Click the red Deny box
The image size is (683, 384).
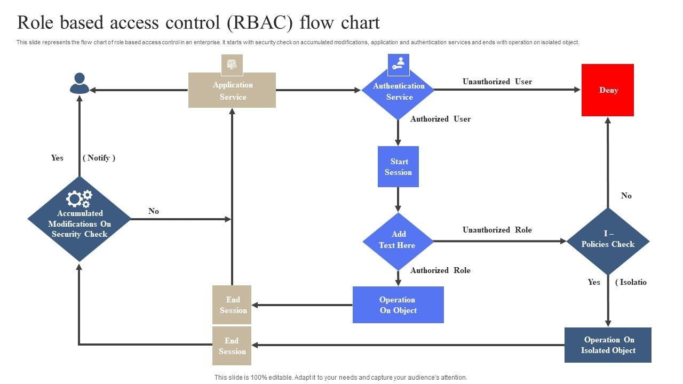607,90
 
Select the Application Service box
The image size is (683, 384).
232,91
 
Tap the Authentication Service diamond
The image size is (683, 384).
398,92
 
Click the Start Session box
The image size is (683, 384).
398,166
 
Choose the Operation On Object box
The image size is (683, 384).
398,305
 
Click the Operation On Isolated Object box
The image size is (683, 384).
608,345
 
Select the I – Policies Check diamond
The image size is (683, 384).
608,240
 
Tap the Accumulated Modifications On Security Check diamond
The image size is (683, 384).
80,223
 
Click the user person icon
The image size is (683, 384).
80,84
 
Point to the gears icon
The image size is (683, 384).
79,199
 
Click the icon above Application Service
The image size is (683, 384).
232,65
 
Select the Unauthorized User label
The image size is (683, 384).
497,82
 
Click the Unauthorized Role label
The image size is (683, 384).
497,230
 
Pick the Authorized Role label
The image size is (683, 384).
440,270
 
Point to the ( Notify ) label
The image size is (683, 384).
99,158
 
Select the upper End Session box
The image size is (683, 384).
232,305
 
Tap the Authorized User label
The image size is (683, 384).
440,119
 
